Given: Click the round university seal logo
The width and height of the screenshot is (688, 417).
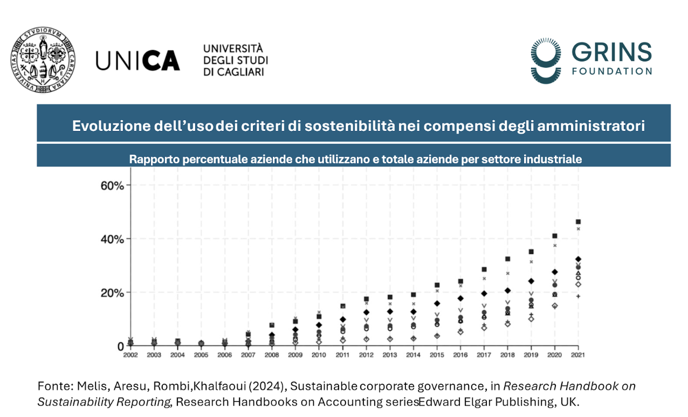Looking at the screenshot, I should click(x=43, y=59).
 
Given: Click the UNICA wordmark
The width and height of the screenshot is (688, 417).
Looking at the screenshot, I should click(x=137, y=60).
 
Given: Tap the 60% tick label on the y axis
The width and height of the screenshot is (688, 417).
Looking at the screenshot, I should click(x=112, y=185).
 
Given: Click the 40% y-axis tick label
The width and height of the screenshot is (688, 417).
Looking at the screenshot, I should click(x=112, y=239).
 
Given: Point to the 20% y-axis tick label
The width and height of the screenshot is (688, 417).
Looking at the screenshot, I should click(x=112, y=293).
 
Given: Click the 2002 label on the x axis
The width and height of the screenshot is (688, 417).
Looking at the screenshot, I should click(x=130, y=355).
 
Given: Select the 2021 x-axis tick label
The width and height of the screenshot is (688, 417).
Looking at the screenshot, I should click(x=578, y=355).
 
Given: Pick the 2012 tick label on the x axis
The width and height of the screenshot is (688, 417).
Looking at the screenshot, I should click(x=366, y=355).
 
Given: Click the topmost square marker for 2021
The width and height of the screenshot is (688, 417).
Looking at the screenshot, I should click(x=578, y=221).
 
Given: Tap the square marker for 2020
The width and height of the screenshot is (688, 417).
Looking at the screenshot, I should click(x=554, y=236).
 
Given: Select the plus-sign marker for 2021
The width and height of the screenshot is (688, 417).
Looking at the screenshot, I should click(x=578, y=296).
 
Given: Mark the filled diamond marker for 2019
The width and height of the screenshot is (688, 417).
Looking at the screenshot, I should click(x=531, y=281).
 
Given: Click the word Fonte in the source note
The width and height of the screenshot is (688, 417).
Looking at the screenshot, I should click(x=52, y=386).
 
